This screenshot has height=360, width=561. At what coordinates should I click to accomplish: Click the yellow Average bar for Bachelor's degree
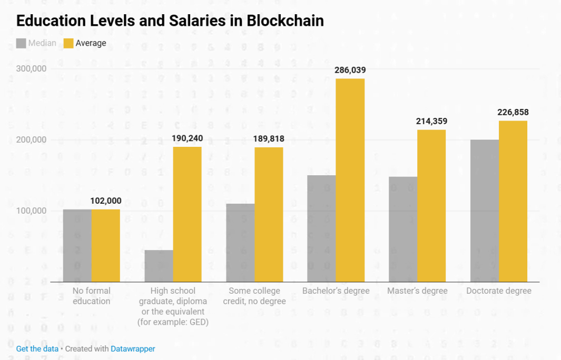[350, 180]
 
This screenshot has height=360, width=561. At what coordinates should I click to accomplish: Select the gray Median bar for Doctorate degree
[485, 211]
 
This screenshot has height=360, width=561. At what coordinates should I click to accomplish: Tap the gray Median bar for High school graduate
[159, 266]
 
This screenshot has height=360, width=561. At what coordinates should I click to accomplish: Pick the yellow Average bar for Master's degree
[431, 205]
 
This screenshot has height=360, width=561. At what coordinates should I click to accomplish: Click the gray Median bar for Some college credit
[240, 243]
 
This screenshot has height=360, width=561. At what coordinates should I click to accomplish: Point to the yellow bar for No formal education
[106, 245]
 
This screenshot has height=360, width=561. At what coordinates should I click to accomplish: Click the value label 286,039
[350, 69]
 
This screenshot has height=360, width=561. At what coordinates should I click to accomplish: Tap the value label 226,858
[513, 112]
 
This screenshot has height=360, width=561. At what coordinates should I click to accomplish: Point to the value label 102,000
[106, 201]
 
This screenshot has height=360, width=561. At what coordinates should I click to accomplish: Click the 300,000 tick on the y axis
[31, 69]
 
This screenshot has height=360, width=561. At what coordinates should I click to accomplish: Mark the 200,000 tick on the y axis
[31, 140]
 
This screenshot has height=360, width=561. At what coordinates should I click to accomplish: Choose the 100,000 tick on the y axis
[31, 211]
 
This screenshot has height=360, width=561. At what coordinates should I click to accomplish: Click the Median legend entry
[42, 43]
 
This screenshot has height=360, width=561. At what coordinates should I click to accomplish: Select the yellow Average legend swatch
[68, 43]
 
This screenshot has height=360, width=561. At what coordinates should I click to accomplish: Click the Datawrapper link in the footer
[133, 348]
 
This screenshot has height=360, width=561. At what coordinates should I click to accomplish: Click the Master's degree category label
[417, 291]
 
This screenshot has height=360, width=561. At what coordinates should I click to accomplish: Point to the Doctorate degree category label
[499, 291]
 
